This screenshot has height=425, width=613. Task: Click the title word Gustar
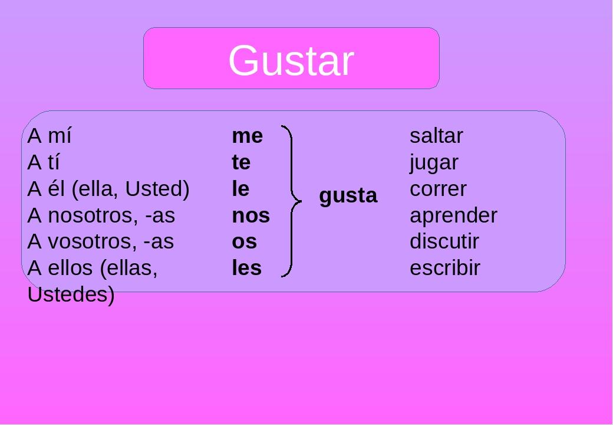point(291,60)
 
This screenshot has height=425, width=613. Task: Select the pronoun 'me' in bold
point(247,136)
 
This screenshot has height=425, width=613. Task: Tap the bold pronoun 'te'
point(241,162)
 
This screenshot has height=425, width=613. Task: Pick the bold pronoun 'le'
point(240,189)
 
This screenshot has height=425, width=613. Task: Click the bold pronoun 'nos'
point(251,215)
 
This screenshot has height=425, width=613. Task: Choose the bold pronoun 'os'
point(244,242)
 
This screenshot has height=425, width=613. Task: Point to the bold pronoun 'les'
point(246,268)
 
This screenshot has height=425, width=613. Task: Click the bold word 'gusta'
point(348,196)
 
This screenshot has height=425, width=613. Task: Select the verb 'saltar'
point(436,136)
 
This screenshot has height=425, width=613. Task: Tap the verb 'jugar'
point(434,163)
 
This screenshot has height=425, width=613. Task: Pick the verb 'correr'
point(438,189)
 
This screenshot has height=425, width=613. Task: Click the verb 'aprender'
point(453,216)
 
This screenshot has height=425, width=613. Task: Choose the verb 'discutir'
point(444,242)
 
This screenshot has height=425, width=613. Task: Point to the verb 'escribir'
point(445,268)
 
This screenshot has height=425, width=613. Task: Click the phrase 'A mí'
point(50,136)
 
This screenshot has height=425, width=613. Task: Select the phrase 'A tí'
point(44,162)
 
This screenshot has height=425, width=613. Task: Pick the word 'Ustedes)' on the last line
point(71,295)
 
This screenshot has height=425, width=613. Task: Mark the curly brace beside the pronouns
point(290,201)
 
